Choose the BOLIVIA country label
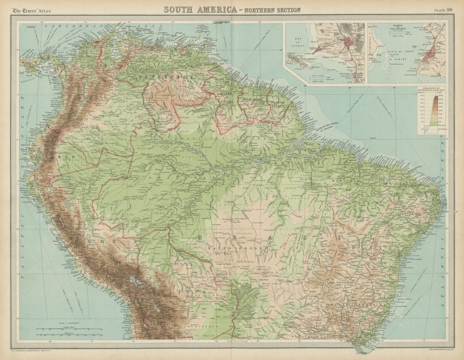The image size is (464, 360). (x=174, y=288)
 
